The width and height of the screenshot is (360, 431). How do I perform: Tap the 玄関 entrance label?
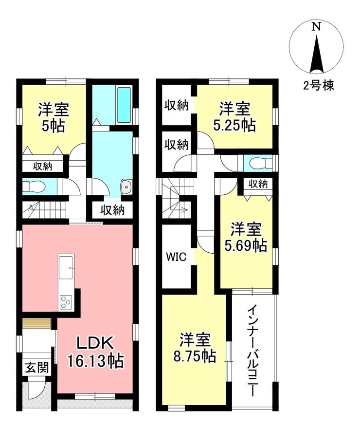(37, 368)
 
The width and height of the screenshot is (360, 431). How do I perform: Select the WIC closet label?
(176, 257)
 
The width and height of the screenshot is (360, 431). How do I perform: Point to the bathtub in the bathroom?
(124, 105)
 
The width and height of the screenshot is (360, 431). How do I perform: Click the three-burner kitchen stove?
(66, 302)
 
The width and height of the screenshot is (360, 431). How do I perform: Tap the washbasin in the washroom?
(126, 187)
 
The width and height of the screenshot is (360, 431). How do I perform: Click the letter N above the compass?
(316, 27)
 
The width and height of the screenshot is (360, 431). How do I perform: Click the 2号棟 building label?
(319, 86)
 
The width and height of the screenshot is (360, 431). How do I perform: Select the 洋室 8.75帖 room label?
(195, 348)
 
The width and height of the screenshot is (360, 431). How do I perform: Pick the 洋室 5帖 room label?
(54, 117)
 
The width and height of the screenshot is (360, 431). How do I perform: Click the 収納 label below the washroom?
(112, 210)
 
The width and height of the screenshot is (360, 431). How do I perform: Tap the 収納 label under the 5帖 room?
(43, 166)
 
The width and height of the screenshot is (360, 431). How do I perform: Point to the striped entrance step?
(37, 323)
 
